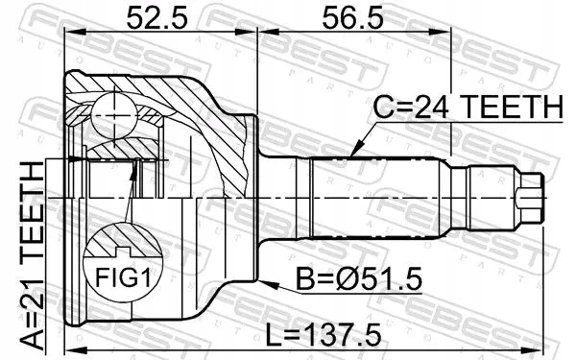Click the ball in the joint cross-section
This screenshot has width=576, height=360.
pos(117,117)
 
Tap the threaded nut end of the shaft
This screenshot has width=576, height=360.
pos(529,197)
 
